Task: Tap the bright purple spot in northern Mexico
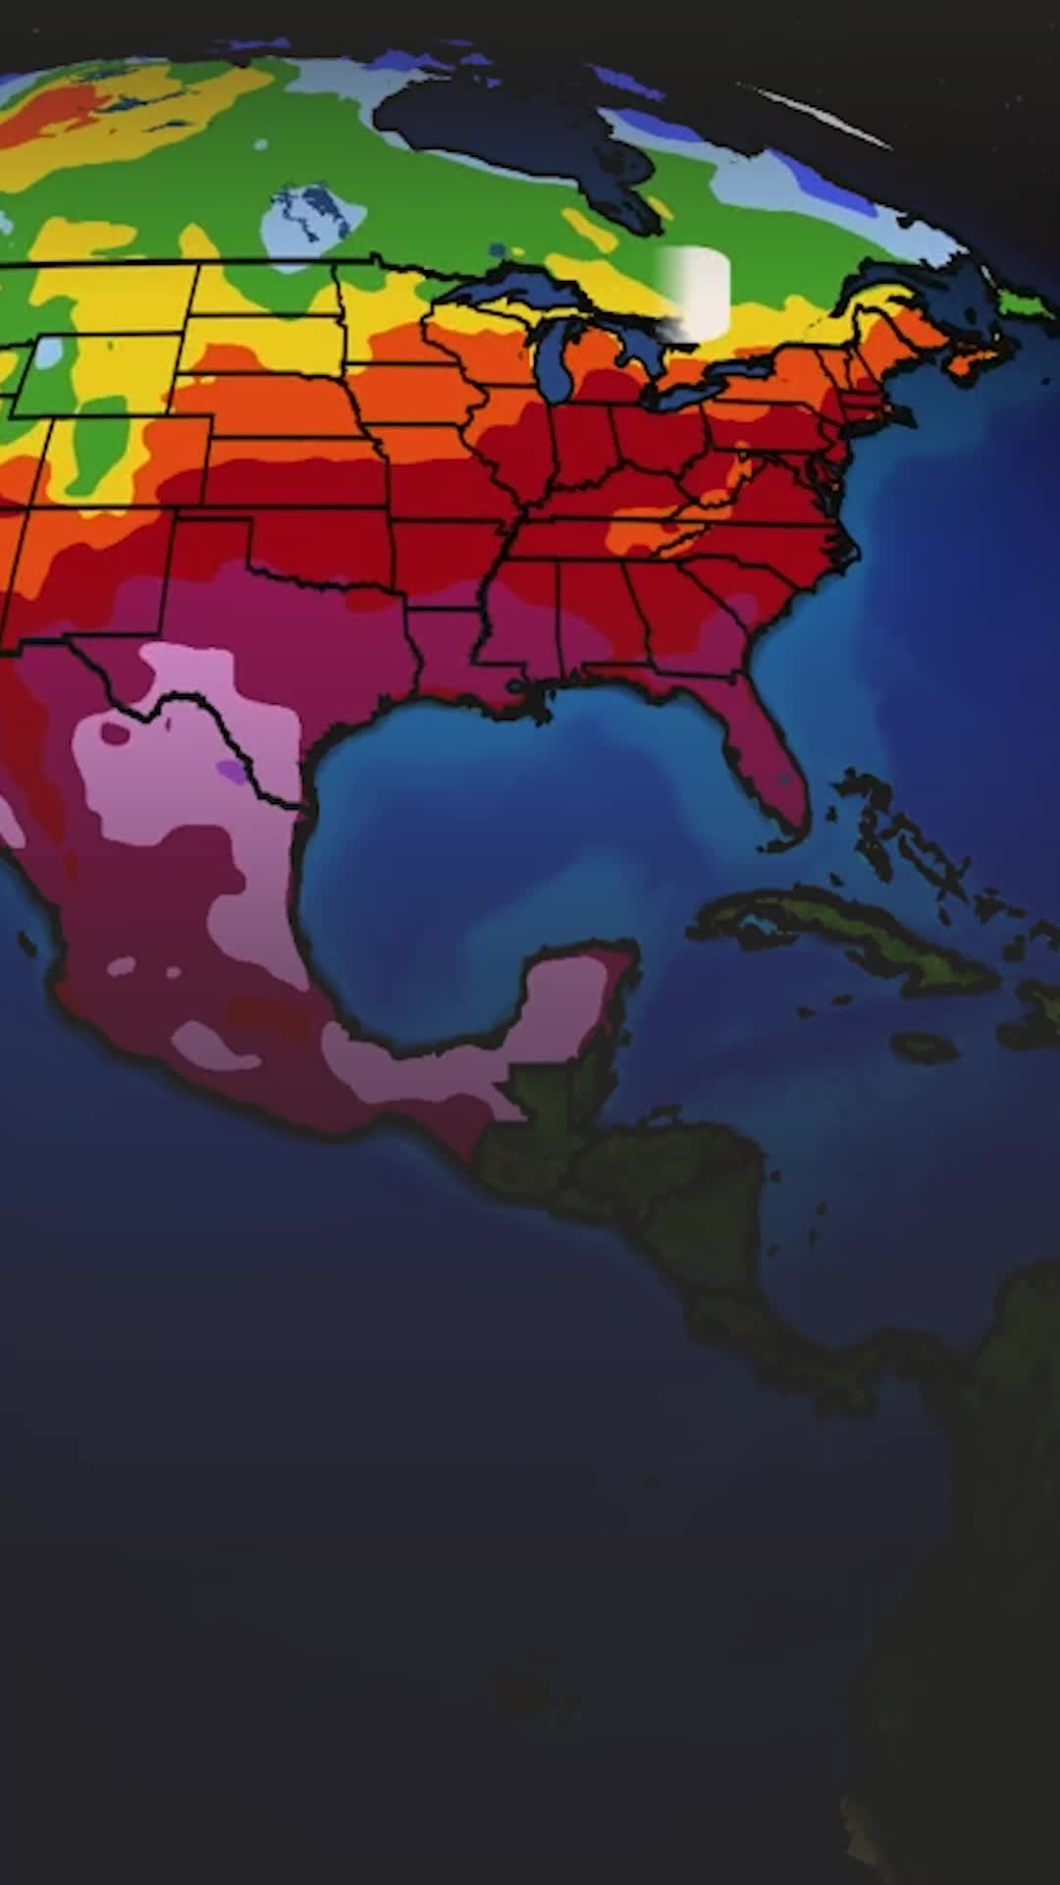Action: [233, 771]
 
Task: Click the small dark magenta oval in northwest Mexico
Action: [115, 732]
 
